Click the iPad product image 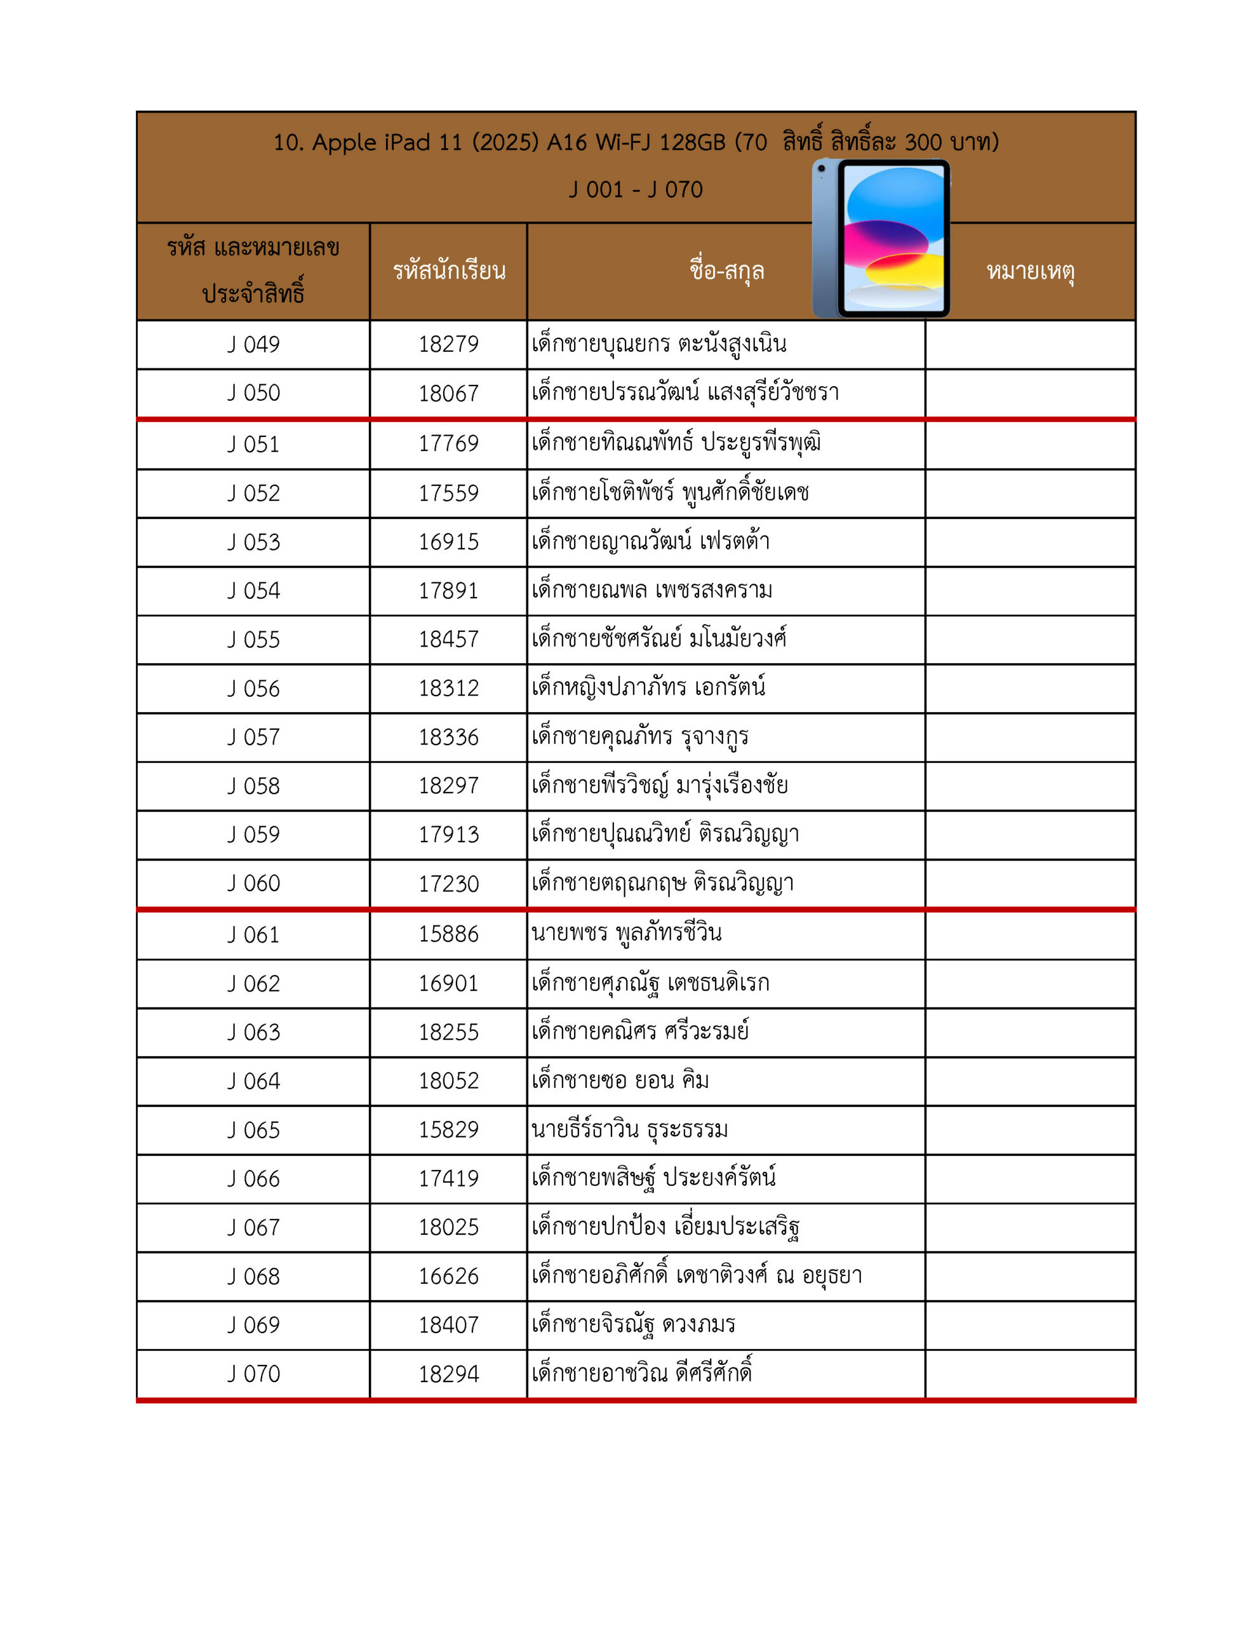(x=881, y=238)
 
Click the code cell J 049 (x=253, y=345)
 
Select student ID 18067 (x=448, y=393)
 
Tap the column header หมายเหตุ (x=1031, y=271)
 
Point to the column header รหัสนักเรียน (x=449, y=271)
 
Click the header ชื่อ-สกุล (x=726, y=271)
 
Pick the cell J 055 (x=253, y=640)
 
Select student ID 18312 (x=448, y=688)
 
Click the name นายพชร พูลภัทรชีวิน (x=626, y=934)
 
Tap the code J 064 (x=253, y=1081)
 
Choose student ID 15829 (x=448, y=1129)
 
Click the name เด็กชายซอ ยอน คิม (x=620, y=1080)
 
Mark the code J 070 (x=253, y=1374)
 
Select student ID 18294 (x=448, y=1374)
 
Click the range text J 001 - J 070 (x=635, y=190)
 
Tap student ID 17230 (x=448, y=884)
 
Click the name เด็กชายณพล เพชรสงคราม (x=651, y=591)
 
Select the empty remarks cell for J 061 (x=1030, y=934)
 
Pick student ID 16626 (x=448, y=1276)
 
